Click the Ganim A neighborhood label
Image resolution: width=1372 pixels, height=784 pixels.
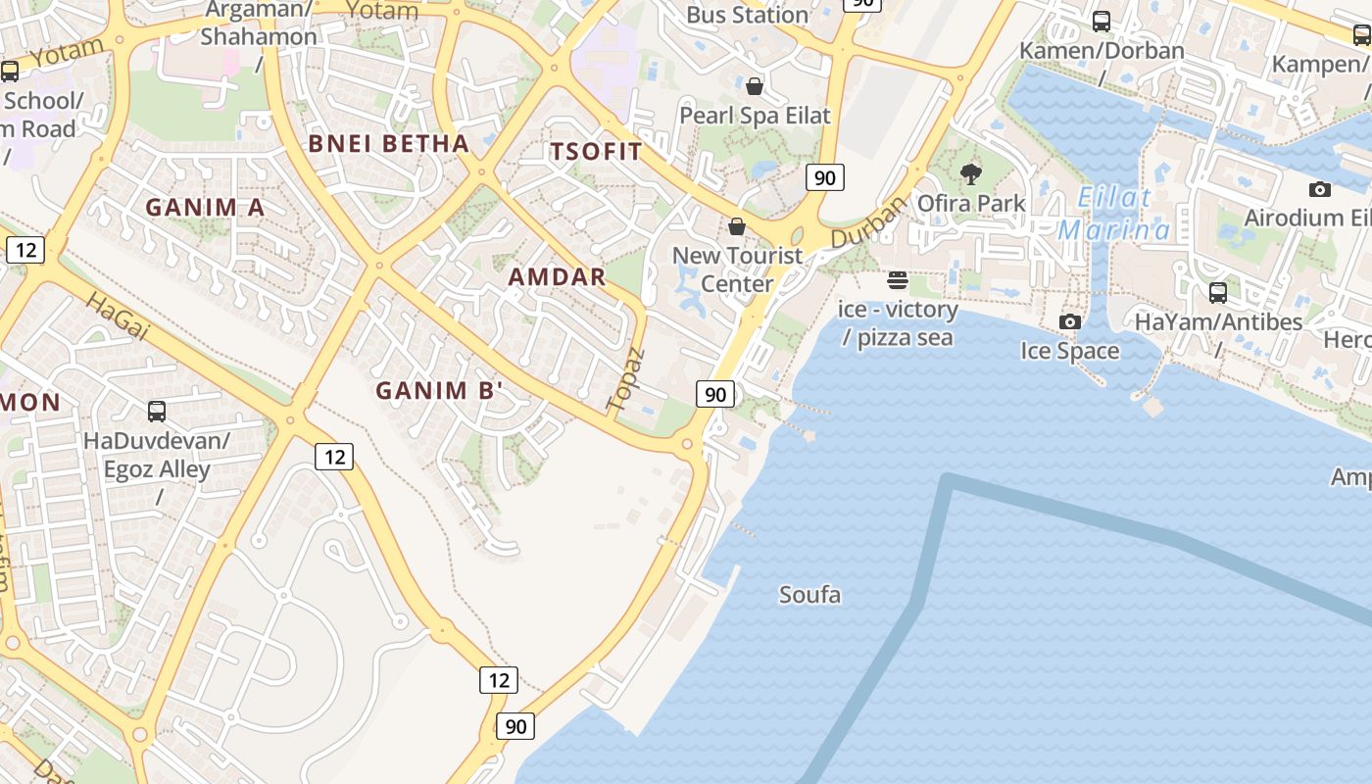pos(205,208)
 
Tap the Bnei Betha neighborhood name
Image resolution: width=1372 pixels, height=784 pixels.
pos(389,144)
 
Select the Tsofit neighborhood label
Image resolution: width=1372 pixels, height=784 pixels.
pos(596,152)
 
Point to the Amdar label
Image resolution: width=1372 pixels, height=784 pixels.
pos(557,277)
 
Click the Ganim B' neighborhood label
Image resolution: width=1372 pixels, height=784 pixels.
pos(439,391)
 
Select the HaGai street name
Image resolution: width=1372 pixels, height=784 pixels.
pos(117,316)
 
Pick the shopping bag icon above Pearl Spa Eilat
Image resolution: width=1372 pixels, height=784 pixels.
pos(755,86)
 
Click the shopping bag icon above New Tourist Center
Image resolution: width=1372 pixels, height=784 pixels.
pos(737,227)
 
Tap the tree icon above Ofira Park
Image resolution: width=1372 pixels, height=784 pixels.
pos(971,174)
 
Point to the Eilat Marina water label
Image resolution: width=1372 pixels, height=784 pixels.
pos(1114,214)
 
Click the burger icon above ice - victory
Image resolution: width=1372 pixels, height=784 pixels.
pos(897,281)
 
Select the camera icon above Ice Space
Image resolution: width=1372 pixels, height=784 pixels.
pos(1070,321)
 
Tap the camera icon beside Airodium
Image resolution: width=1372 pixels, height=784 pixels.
pos(1320,189)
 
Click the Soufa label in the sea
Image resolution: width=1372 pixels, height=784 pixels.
pos(809,595)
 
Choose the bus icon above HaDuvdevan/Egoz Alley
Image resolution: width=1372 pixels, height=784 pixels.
pos(156,412)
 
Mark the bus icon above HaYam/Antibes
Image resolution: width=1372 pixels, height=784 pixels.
pos(1218,292)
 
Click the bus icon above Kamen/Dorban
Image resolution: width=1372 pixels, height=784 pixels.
pos(1102,21)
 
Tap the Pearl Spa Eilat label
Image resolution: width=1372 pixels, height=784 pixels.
pos(755,116)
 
